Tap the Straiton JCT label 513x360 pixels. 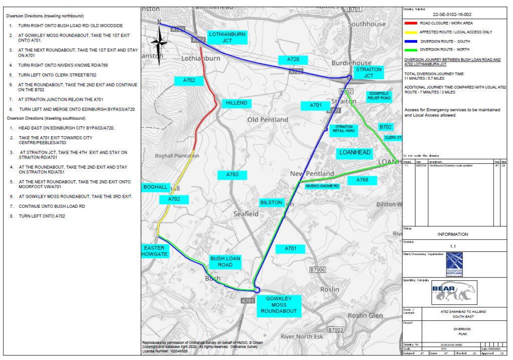[369, 73]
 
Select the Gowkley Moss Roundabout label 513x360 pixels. [278, 304]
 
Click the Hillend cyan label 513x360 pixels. [236, 103]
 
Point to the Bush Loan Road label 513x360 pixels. [225, 261]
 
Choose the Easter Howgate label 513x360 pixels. [155, 251]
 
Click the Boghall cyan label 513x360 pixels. [155, 187]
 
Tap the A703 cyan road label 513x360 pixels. [232, 175]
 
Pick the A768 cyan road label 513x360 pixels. [362, 180]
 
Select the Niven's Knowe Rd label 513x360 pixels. [322, 186]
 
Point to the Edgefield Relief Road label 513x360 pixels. [379, 96]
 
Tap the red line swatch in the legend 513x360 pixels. [410, 23]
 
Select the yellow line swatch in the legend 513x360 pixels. [410, 32]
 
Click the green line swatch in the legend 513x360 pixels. [410, 50]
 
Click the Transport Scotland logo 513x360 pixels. [454, 264]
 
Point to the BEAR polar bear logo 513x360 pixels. [454, 292]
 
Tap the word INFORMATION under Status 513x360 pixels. [453, 234]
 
